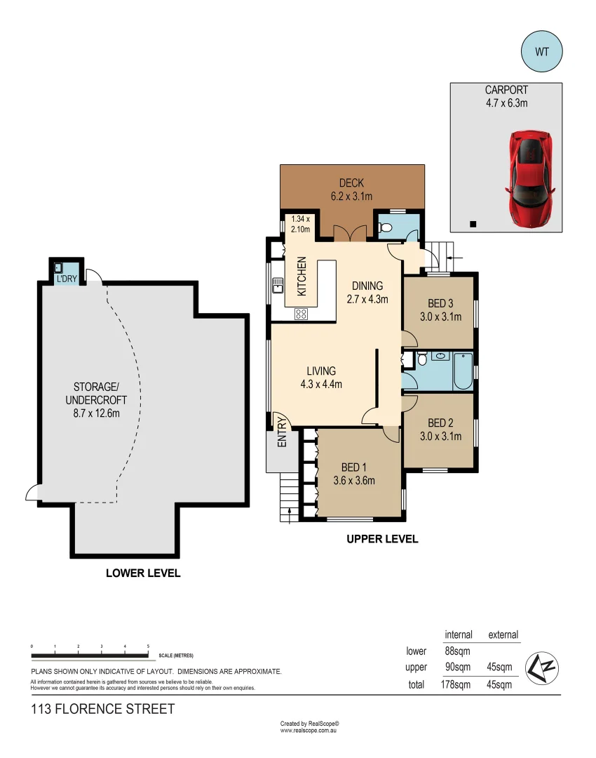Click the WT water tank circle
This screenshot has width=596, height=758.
click(542, 51)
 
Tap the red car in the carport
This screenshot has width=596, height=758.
click(531, 178)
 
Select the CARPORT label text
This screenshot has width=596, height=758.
click(506, 90)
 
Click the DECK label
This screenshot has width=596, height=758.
click(351, 183)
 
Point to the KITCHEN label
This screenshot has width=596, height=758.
click(302, 276)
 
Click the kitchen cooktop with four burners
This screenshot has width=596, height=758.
click(301, 314)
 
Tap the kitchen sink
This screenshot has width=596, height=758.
click(278, 284)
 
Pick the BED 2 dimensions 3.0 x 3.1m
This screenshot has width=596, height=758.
click(445, 436)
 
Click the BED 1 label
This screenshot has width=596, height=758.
click(354, 467)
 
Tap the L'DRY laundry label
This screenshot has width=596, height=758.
click(67, 279)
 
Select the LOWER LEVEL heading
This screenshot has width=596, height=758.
click(143, 573)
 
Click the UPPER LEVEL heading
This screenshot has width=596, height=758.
click(382, 539)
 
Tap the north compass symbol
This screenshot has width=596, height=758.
click(542, 667)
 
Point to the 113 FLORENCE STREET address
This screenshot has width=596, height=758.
click(103, 710)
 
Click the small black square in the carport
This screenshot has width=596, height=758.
click(473, 225)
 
